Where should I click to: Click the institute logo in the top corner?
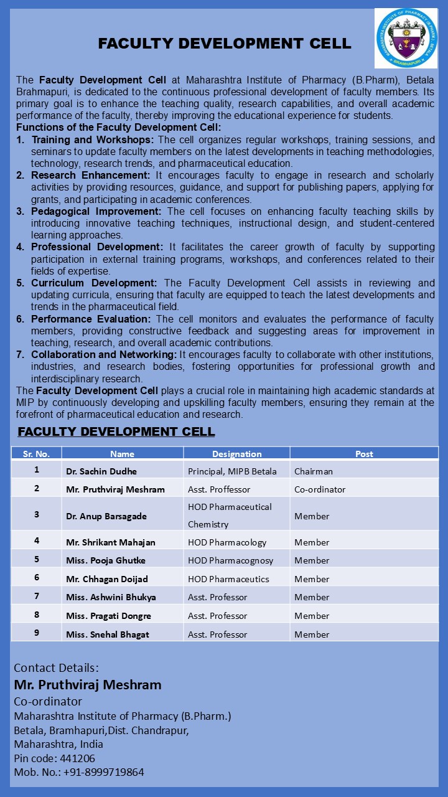point(406,38)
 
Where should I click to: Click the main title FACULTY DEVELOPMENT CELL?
point(225,44)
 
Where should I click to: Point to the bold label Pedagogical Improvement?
point(96,212)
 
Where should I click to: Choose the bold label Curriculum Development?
point(94,283)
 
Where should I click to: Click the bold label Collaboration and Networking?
point(105,355)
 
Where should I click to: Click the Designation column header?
point(236,454)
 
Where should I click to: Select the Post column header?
point(364,454)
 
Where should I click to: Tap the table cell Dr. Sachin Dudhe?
point(101,471)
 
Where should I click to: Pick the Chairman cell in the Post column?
point(314,471)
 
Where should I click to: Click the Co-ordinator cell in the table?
point(320,489)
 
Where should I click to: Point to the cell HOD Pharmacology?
point(227,542)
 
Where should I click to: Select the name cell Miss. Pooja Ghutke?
point(106,560)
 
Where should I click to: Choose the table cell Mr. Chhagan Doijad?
point(107,579)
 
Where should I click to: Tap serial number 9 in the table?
point(37,633)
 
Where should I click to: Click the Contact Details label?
point(56,668)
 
